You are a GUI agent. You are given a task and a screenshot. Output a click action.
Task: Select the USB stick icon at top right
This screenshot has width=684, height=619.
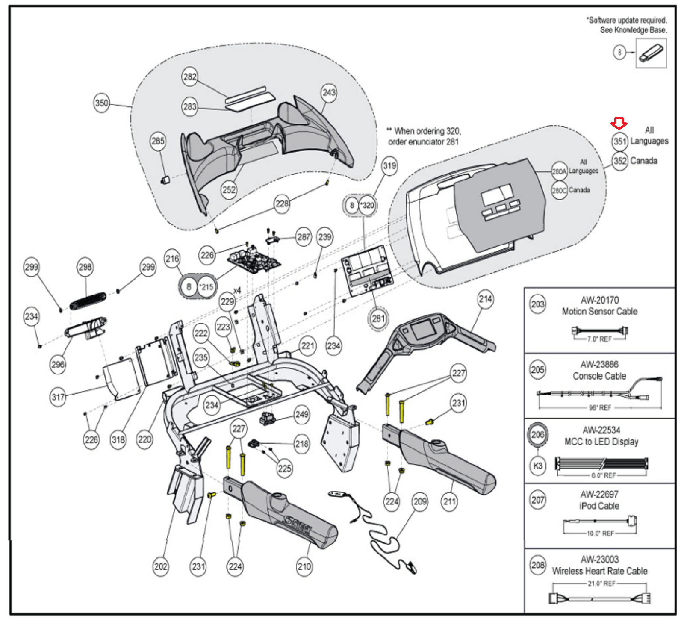coord(651,53)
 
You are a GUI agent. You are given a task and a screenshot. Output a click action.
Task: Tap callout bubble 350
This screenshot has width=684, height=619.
coord(102,103)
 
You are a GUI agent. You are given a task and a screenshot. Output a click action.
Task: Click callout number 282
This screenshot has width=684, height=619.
coord(190,77)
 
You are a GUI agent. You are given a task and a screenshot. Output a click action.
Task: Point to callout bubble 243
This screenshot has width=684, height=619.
coord(329,92)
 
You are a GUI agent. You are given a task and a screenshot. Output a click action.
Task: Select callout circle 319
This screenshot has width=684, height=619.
coord(389,165)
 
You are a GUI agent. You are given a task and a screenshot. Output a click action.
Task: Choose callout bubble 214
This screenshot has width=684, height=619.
coord(485,299)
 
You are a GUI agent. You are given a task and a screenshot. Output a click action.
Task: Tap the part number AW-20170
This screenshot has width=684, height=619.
coord(599,300)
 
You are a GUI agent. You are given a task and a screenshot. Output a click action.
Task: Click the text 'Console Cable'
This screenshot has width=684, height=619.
coord(599,376)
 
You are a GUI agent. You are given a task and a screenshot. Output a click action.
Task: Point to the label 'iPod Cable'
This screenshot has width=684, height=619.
coord(599,506)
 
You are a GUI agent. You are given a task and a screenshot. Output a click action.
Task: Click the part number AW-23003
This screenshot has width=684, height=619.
coord(599,559)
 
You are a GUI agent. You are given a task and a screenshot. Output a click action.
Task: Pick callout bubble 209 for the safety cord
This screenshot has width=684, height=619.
coord(420,501)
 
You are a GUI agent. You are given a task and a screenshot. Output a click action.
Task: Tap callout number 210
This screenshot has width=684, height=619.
coord(304,567)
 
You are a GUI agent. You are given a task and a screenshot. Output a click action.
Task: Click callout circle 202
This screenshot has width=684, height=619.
coord(161,567)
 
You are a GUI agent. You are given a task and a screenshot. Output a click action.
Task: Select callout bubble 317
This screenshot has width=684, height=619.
coord(58,397)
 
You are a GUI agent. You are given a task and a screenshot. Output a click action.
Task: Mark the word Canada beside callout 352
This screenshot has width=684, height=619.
coord(644,161)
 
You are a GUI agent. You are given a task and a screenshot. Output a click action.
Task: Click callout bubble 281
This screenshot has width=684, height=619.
coord(378,318)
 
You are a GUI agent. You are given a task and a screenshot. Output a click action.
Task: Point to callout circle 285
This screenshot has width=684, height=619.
coord(158,141)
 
